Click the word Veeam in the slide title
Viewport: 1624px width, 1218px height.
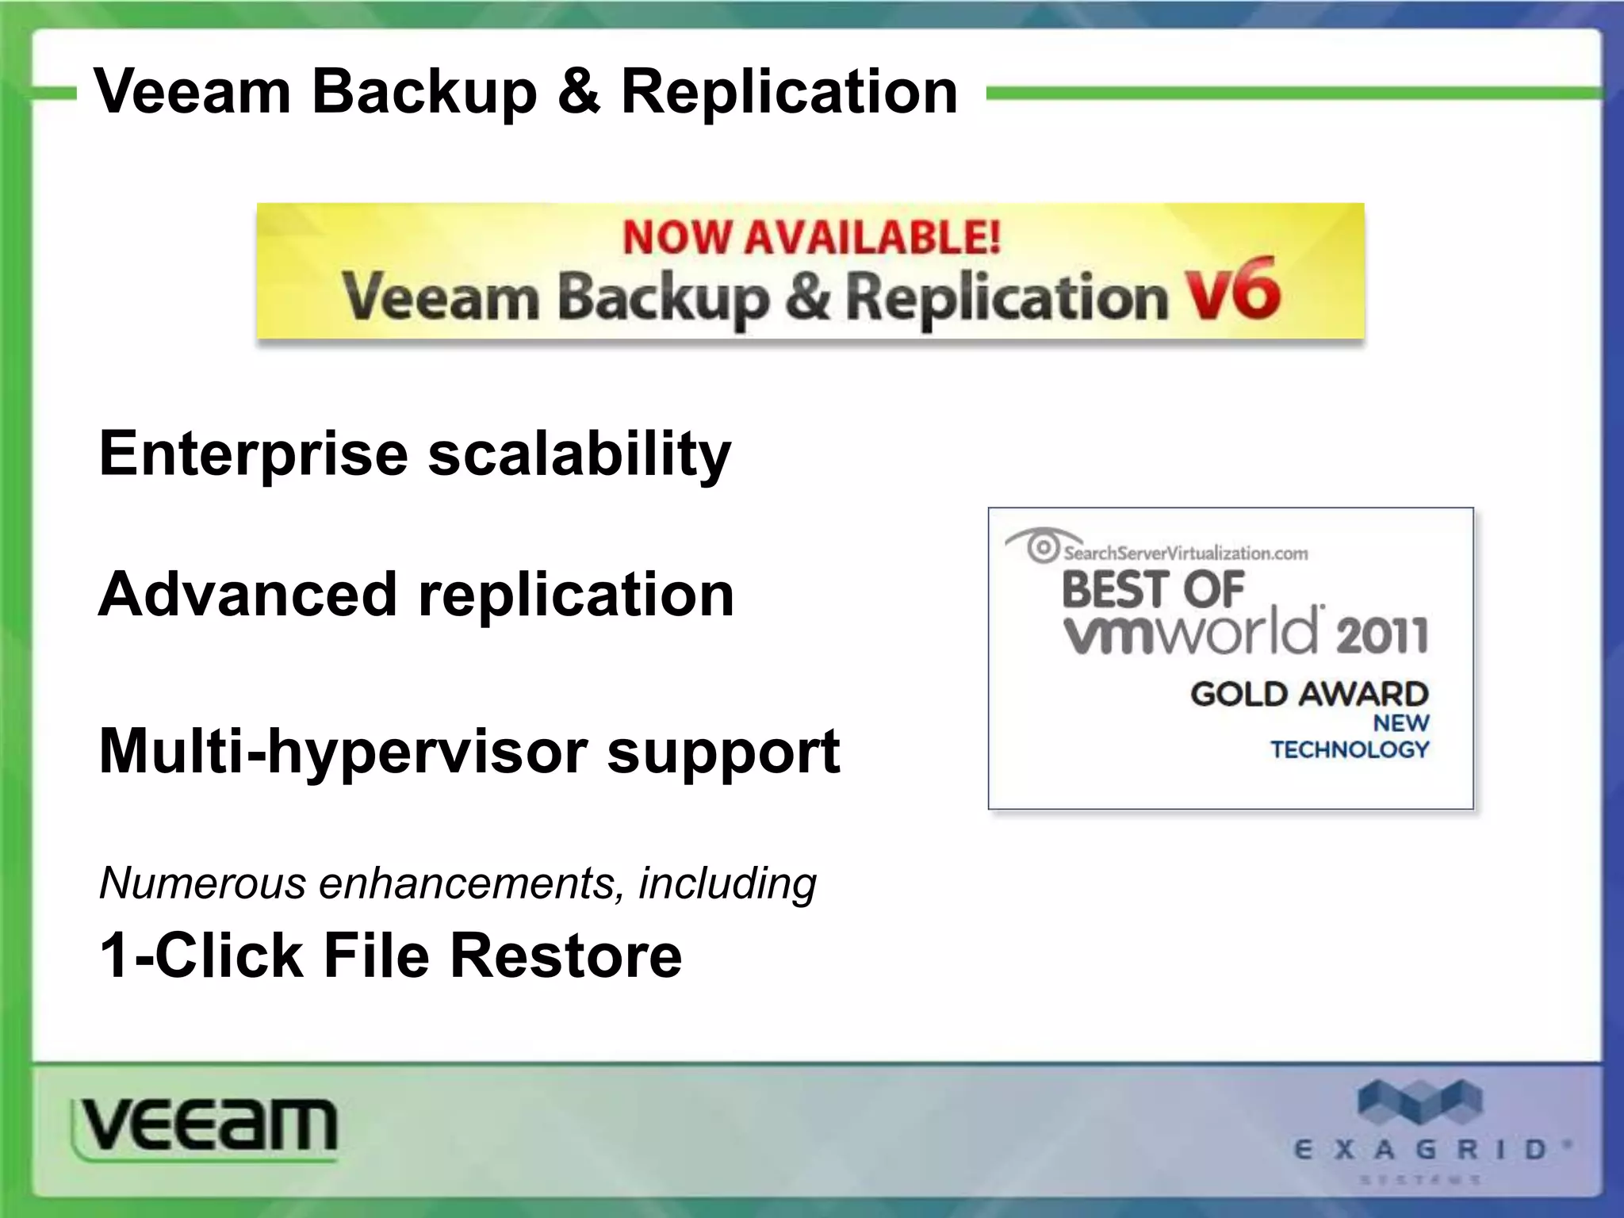pyautogui.click(x=193, y=92)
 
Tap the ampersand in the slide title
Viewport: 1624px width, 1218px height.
pyautogui.click(x=579, y=92)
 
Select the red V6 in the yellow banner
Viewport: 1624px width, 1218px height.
pyautogui.click(x=1233, y=290)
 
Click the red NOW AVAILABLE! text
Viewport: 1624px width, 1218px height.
pyautogui.click(x=811, y=237)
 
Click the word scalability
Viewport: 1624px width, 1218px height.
pyautogui.click(x=580, y=454)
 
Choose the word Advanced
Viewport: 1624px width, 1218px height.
pyautogui.click(x=247, y=594)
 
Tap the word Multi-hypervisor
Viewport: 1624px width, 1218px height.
pyautogui.click(x=343, y=752)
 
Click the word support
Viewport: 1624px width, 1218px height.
pyautogui.click(x=723, y=752)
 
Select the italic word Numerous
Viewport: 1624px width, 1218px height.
pyautogui.click(x=203, y=883)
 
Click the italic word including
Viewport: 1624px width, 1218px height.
pyautogui.click(x=727, y=884)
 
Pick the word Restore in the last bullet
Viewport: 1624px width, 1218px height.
pyautogui.click(x=566, y=955)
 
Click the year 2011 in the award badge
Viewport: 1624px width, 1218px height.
pyautogui.click(x=1381, y=634)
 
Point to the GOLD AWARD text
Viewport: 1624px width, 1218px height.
pyautogui.click(x=1309, y=694)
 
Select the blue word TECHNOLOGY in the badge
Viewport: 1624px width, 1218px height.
pyautogui.click(x=1350, y=749)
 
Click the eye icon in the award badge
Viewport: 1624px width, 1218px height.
pyautogui.click(x=1042, y=546)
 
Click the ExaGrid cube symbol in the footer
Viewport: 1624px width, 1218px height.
pyautogui.click(x=1419, y=1102)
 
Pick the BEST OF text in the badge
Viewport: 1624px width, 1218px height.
pyautogui.click(x=1152, y=589)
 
